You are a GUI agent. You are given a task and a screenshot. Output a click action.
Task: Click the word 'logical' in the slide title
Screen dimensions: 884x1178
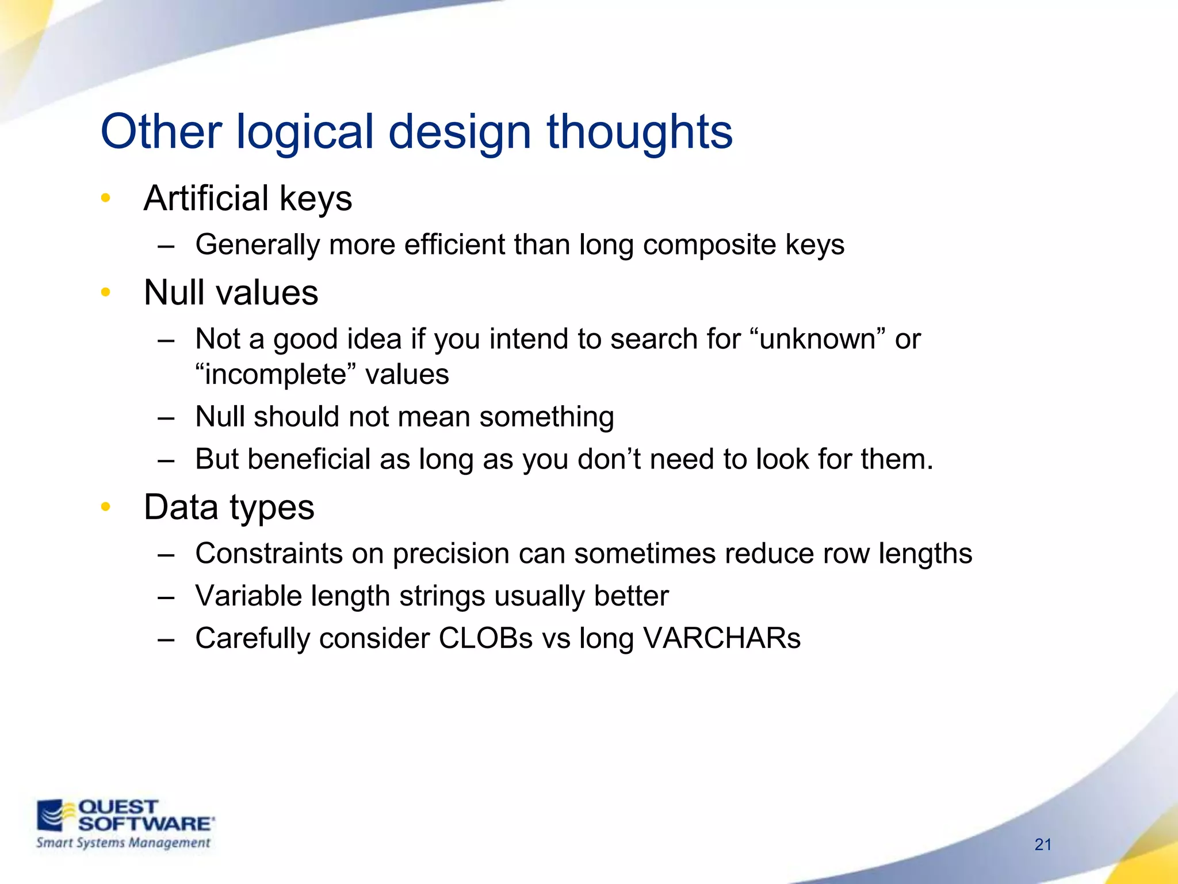(305, 132)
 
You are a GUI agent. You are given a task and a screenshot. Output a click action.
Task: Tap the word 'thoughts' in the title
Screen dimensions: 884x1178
(639, 132)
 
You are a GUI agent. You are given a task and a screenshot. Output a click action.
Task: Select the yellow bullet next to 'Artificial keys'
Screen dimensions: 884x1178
(105, 199)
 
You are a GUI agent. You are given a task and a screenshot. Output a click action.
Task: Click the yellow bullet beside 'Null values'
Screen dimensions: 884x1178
(105, 292)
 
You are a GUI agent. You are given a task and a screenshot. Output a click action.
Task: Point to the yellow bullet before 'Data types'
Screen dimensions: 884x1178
(105, 507)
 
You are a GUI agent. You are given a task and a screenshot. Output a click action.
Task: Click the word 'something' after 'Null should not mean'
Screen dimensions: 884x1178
(546, 417)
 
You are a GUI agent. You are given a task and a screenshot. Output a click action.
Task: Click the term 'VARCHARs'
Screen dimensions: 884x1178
(721, 638)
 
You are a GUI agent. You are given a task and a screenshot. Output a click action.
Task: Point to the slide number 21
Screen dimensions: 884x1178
(1043, 844)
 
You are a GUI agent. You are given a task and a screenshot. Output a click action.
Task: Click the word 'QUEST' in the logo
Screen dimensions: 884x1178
(118, 807)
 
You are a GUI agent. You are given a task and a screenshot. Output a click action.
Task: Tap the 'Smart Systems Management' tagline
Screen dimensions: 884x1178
(123, 843)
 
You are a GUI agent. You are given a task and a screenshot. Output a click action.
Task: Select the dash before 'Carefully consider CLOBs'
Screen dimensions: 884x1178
(166, 639)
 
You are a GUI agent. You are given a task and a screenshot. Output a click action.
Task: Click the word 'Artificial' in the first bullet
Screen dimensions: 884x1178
(206, 199)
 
